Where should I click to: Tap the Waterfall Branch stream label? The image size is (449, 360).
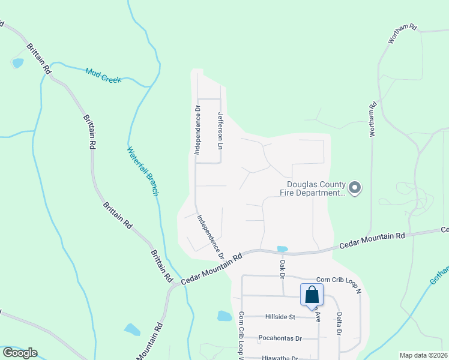coord(142,171)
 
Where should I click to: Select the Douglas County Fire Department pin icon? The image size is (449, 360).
coord(355,188)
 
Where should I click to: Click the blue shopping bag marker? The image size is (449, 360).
coord(312,295)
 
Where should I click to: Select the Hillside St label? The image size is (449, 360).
coord(280,317)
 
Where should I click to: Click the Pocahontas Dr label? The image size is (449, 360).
coord(279,338)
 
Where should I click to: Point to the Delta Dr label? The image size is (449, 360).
coord(339,323)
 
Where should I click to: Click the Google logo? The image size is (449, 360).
coord(20,353)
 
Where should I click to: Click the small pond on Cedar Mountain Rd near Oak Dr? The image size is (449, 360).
coord(282,248)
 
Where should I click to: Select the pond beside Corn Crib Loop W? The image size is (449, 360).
coord(224,316)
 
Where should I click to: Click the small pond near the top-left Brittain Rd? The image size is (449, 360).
coord(17,62)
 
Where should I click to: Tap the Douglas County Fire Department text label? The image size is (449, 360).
coord(313,189)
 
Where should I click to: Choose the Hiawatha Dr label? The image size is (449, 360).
coord(280,358)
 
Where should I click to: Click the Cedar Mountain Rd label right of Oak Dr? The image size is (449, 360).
coord(372,241)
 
